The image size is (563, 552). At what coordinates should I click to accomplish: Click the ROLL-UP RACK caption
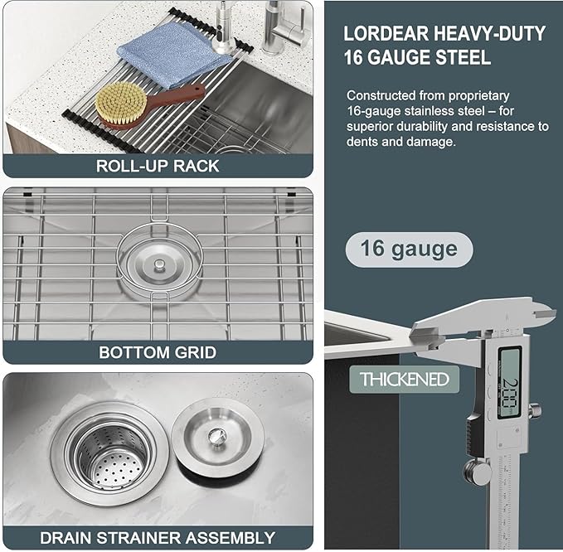click(x=158, y=165)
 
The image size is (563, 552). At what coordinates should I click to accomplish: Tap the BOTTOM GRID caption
click(x=158, y=352)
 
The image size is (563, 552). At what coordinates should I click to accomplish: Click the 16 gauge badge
click(x=409, y=249)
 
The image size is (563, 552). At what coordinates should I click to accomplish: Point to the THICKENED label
click(x=404, y=380)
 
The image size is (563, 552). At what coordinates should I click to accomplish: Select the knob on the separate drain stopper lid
click(x=216, y=435)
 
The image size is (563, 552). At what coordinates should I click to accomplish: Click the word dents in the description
click(x=362, y=143)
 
